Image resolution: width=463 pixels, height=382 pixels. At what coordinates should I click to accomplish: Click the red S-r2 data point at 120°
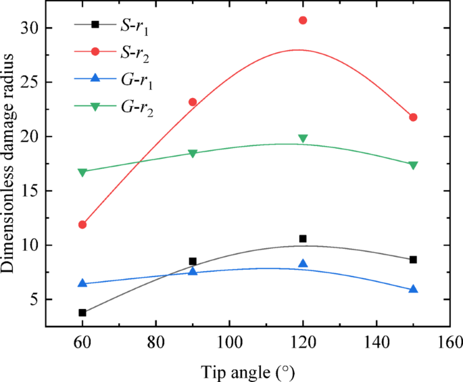pyautogui.click(x=303, y=20)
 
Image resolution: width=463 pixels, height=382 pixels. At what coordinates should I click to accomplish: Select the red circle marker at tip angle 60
pyautogui.click(x=82, y=224)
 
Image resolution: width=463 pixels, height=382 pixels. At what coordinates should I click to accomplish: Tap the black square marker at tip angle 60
pyautogui.click(x=82, y=312)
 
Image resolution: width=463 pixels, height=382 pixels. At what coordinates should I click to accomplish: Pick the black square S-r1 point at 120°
pyautogui.click(x=303, y=239)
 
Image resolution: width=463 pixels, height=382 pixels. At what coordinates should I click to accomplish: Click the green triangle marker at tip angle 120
pyautogui.click(x=303, y=139)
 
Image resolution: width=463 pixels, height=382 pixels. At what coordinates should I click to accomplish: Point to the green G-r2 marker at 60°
pyautogui.click(x=82, y=172)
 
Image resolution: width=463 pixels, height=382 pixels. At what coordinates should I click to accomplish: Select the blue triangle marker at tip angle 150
pyautogui.click(x=413, y=289)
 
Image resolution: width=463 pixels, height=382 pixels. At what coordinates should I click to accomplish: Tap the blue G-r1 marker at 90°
pyautogui.click(x=193, y=271)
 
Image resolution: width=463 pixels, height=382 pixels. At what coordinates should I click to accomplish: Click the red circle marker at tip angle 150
pyautogui.click(x=413, y=117)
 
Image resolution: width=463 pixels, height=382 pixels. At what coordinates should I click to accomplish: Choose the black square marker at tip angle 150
pyautogui.click(x=413, y=260)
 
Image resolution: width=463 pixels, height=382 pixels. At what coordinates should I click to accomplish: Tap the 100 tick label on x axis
pyautogui.click(x=229, y=341)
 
